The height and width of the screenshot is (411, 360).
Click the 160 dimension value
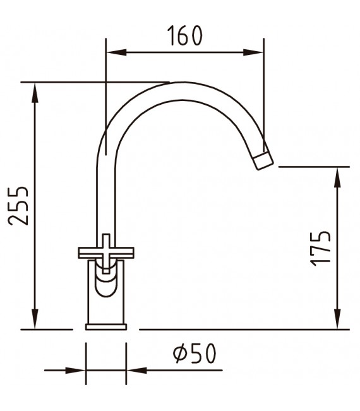tap(185, 36)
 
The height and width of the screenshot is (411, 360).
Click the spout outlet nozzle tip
tap(263, 159)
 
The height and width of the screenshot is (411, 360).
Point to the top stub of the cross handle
tap(107, 240)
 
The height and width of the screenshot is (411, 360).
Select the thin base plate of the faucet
tap(106, 326)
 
